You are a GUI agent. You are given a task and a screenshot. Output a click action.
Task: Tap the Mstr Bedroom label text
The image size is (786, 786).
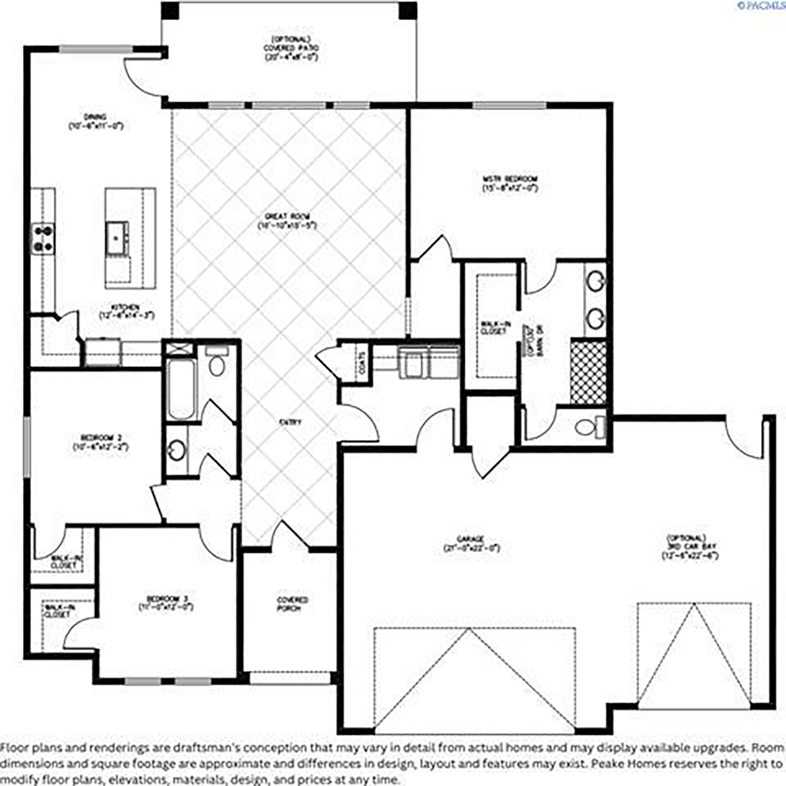point(510,184)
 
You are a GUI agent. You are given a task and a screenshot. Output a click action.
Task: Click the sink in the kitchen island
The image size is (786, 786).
point(116,238)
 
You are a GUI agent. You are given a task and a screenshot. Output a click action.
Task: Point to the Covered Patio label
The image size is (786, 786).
point(291,48)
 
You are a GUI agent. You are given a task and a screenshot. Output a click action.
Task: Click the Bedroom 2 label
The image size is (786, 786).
point(100,442)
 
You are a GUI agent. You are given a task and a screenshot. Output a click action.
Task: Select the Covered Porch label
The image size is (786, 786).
point(293,604)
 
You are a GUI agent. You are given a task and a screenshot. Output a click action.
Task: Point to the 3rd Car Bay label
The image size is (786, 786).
point(690,547)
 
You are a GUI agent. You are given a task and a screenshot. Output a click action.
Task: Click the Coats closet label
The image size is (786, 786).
point(362,363)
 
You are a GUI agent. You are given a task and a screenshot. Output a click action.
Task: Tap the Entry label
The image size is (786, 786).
point(290,422)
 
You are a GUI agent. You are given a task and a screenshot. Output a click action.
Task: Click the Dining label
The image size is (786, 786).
point(96,121)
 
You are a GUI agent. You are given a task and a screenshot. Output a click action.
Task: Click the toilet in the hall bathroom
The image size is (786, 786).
point(217,364)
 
